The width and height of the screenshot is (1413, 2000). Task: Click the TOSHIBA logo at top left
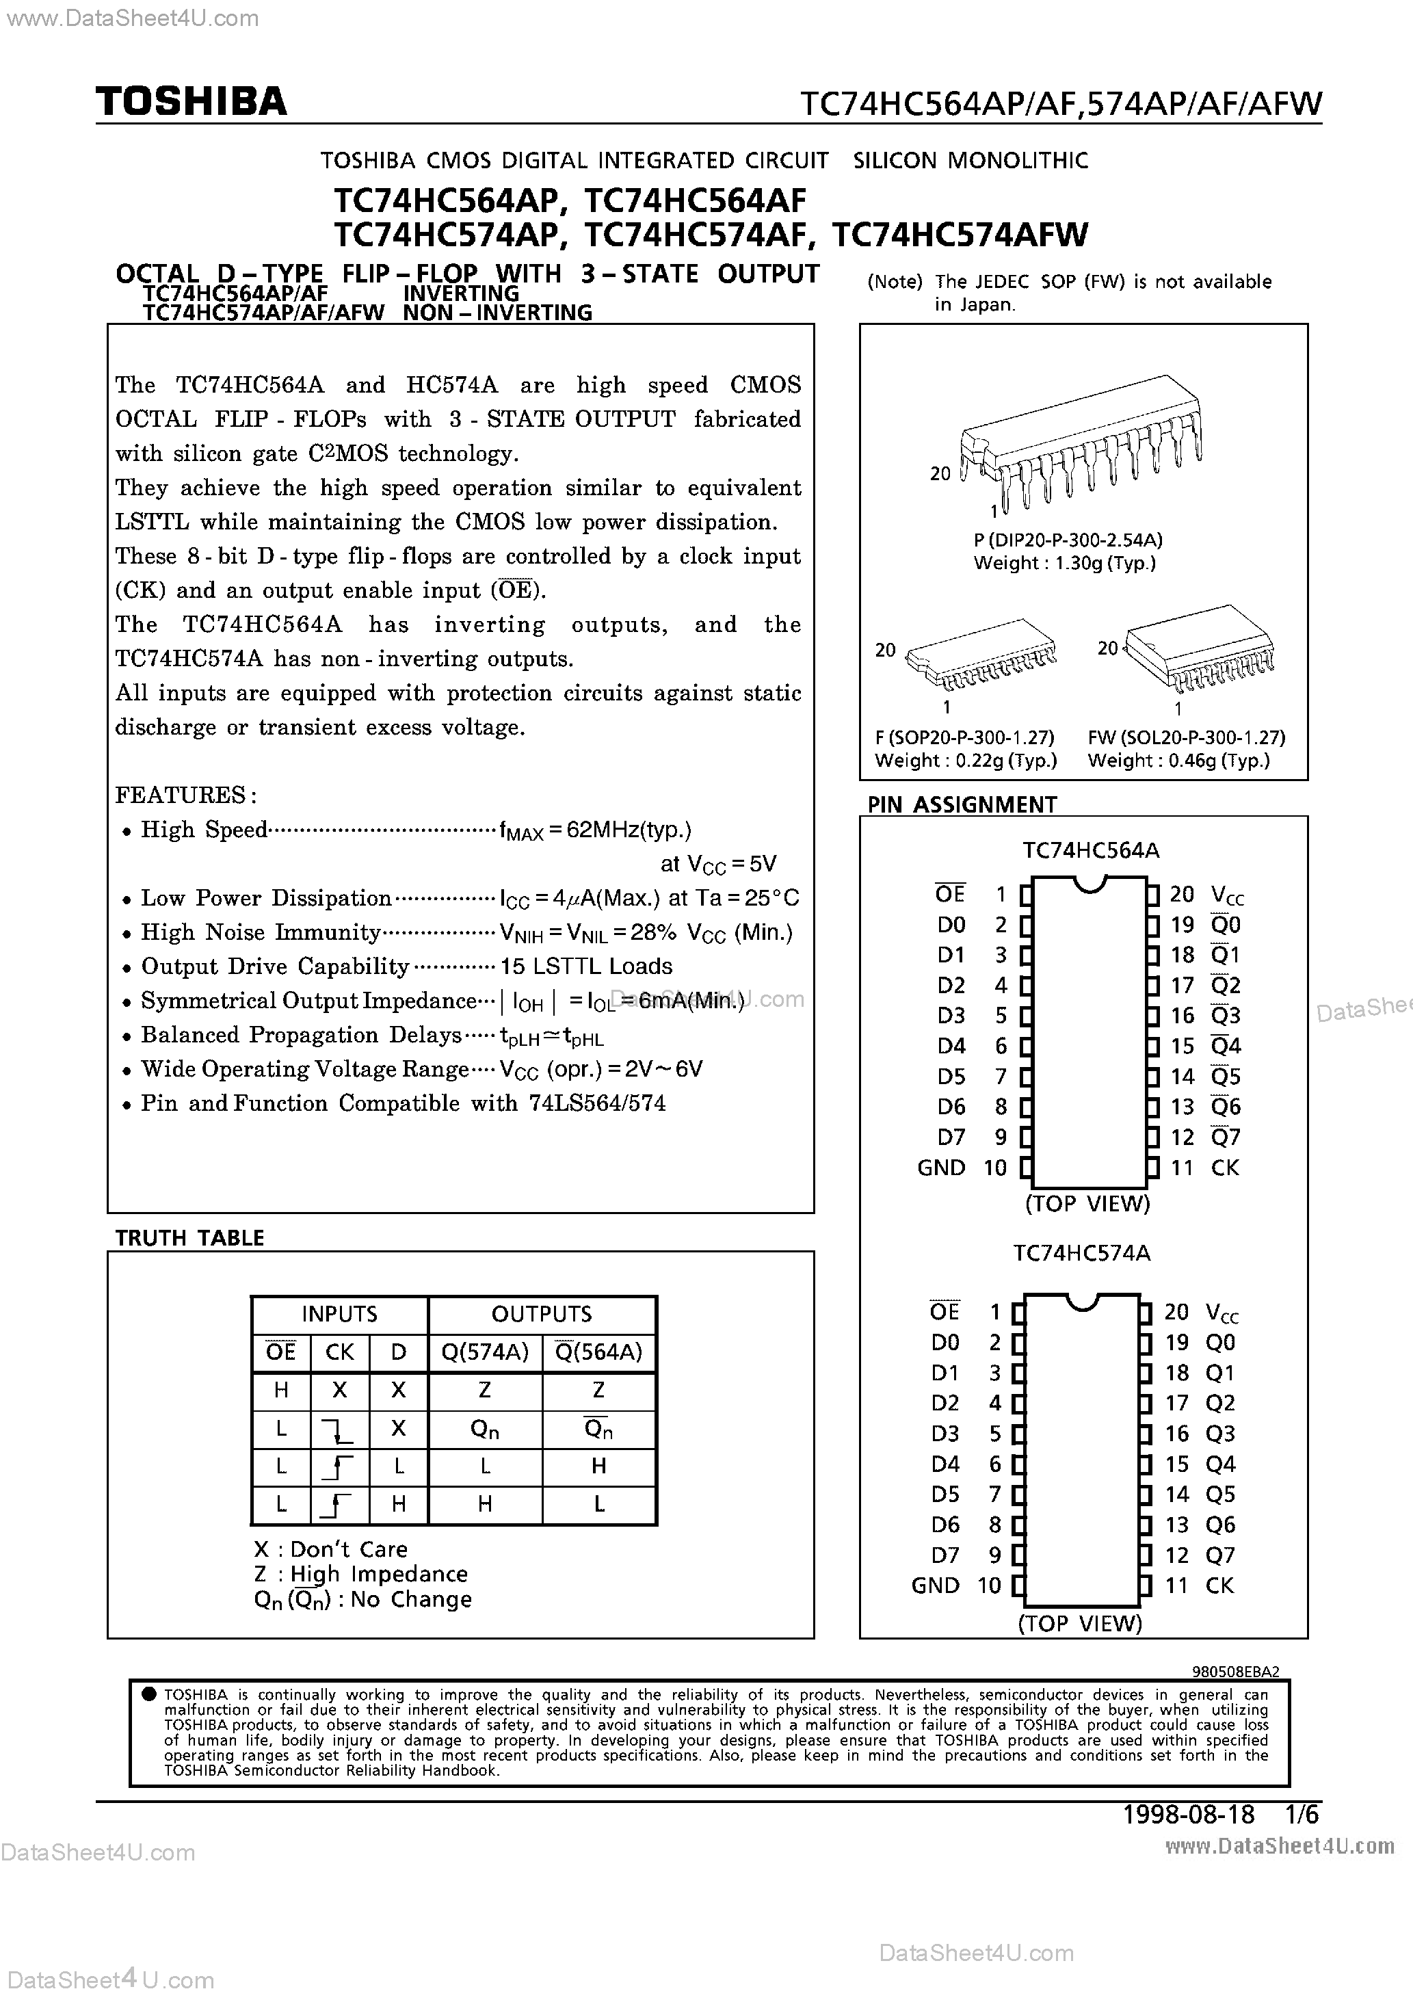[191, 102]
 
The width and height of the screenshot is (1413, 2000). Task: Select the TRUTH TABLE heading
[189, 1238]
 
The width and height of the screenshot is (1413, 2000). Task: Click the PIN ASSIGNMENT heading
[962, 805]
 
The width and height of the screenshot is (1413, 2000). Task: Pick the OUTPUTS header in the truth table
[541, 1313]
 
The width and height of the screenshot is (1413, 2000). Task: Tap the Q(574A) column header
[484, 1352]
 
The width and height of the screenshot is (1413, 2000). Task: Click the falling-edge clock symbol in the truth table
[338, 1429]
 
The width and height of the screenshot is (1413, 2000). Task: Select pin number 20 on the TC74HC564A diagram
[1181, 895]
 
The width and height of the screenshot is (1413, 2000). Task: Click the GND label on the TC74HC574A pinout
[935, 1585]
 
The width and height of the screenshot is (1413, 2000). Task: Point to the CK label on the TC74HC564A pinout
[1224, 1168]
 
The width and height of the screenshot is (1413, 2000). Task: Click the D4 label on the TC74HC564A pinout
[951, 1046]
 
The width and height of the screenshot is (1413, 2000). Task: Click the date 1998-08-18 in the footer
[1188, 1815]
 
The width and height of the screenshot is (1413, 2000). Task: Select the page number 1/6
[1302, 1815]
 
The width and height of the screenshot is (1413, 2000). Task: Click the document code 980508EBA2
[1235, 1672]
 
